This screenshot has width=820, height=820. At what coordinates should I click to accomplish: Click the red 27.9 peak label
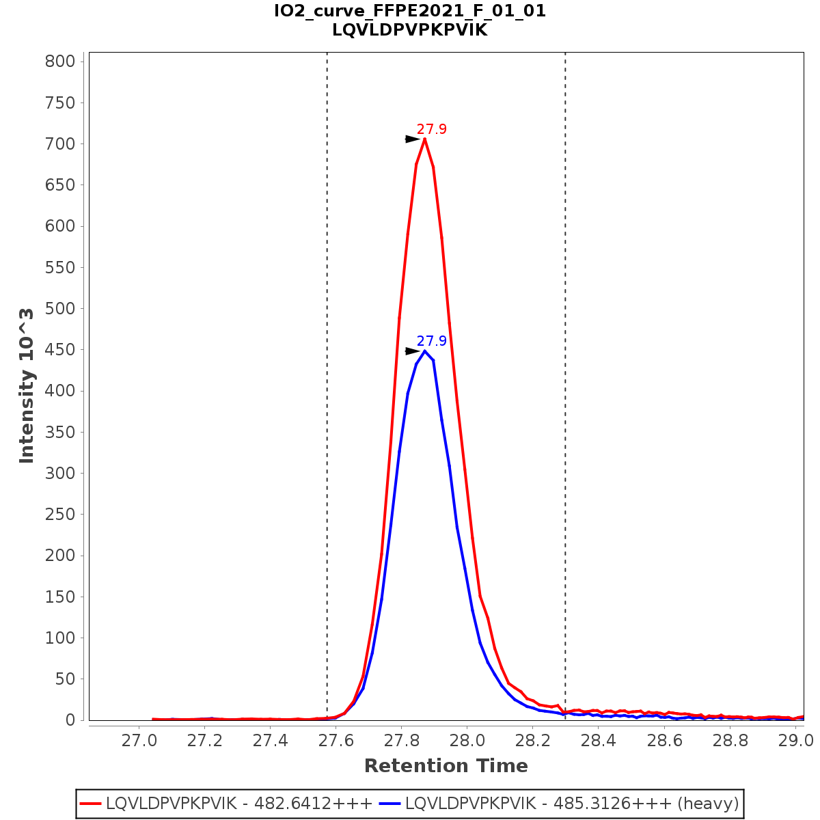431,129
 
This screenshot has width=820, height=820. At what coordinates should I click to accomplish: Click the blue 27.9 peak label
431,341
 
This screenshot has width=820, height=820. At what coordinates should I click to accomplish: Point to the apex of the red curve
425,139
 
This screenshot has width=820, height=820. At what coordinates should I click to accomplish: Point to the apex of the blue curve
425,351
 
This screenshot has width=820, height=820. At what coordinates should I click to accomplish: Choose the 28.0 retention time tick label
467,741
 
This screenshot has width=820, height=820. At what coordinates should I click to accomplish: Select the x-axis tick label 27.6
336,741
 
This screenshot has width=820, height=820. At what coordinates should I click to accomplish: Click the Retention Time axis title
446,766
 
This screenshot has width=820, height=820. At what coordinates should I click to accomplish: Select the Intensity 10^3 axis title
27,385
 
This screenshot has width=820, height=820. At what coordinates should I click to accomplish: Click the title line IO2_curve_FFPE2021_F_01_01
410,11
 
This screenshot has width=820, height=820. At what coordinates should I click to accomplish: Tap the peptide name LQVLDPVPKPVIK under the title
410,30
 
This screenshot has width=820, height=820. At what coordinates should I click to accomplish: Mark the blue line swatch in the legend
390,803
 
